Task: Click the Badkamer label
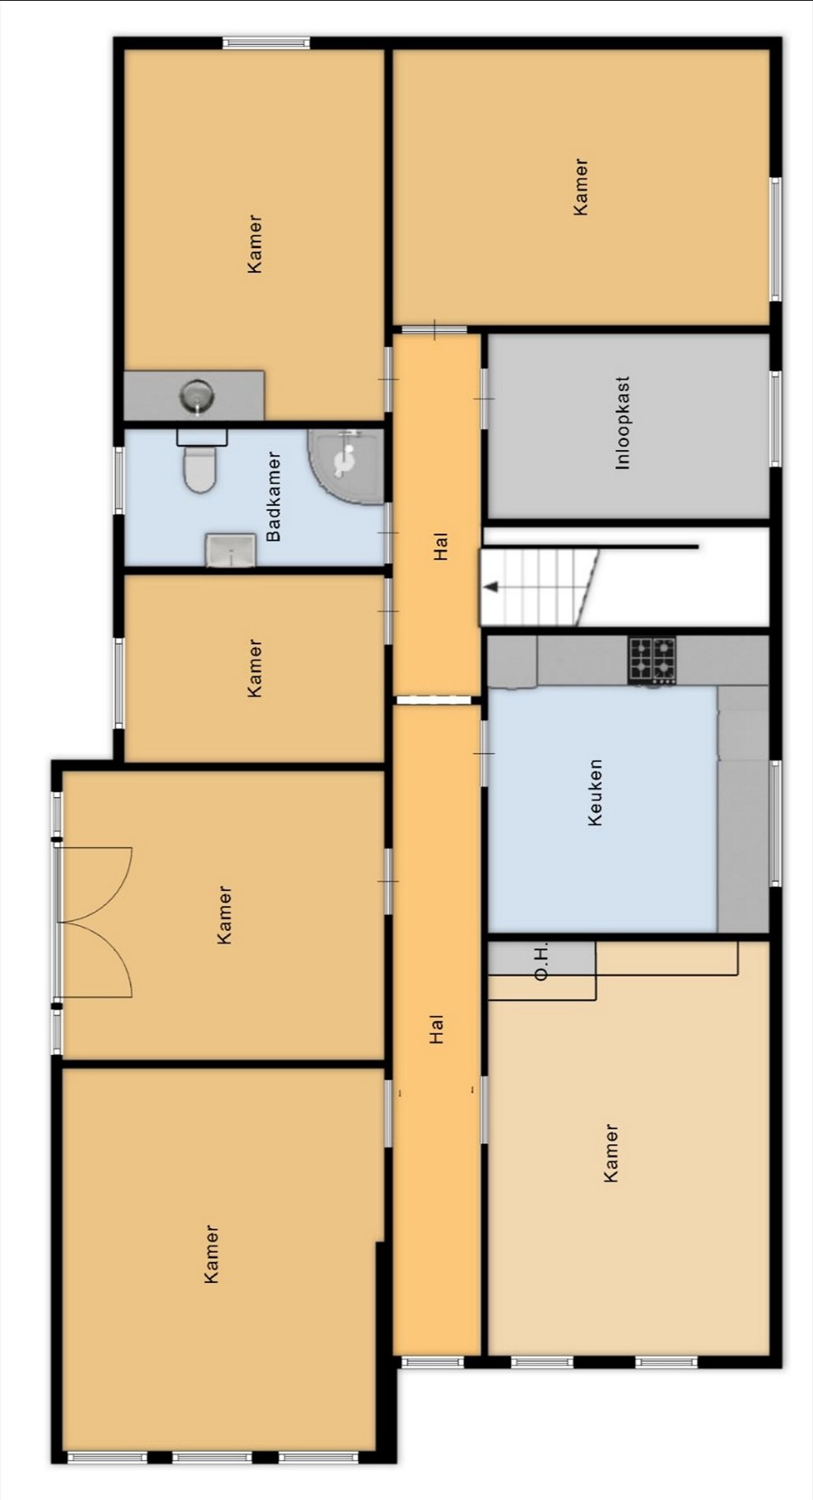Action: click(x=273, y=497)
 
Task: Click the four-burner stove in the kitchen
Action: click(x=652, y=660)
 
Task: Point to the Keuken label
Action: click(x=595, y=793)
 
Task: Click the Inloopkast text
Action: click(x=623, y=423)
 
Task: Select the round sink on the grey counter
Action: click(x=197, y=395)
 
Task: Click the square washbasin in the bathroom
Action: click(x=230, y=550)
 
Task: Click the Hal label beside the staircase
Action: click(x=440, y=546)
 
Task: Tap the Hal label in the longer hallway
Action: click(x=436, y=1029)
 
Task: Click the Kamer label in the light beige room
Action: click(x=610, y=1153)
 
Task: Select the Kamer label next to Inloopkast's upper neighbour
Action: click(x=580, y=187)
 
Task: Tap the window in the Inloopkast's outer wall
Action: click(x=775, y=418)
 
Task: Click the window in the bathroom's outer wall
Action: click(x=119, y=480)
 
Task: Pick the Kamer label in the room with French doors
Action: click(x=224, y=915)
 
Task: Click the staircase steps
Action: click(x=540, y=587)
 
